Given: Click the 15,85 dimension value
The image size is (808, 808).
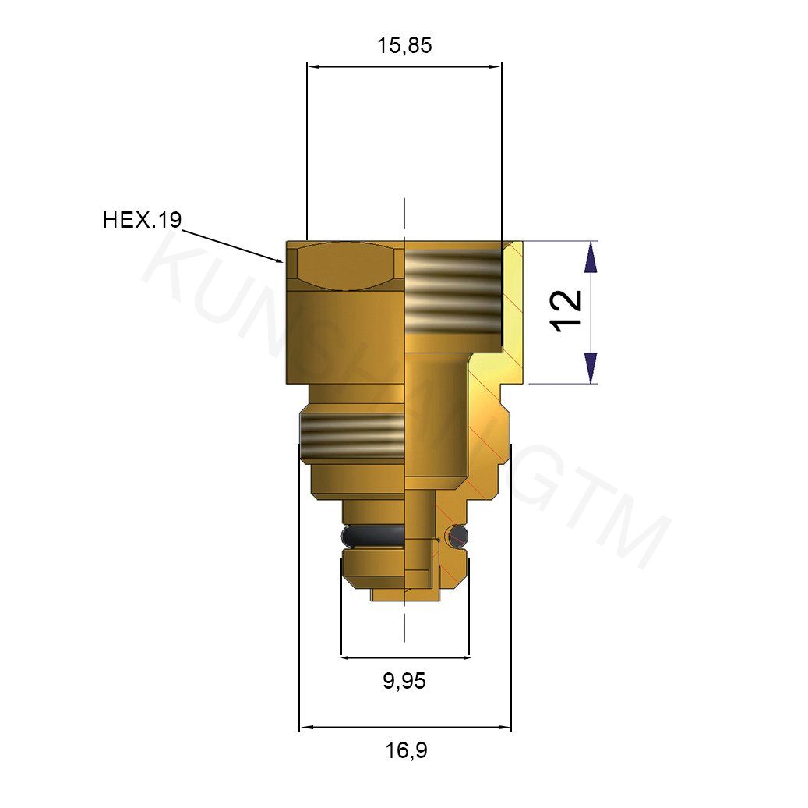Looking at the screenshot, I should (404, 46).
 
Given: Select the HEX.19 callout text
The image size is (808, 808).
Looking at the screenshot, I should (142, 221).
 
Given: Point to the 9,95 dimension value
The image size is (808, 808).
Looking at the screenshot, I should (404, 682).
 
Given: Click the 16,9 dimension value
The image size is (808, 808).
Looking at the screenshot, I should (406, 751).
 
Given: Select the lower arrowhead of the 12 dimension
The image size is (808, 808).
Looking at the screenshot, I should (591, 368).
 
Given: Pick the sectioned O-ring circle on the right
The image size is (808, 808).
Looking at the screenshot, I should (459, 535).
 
